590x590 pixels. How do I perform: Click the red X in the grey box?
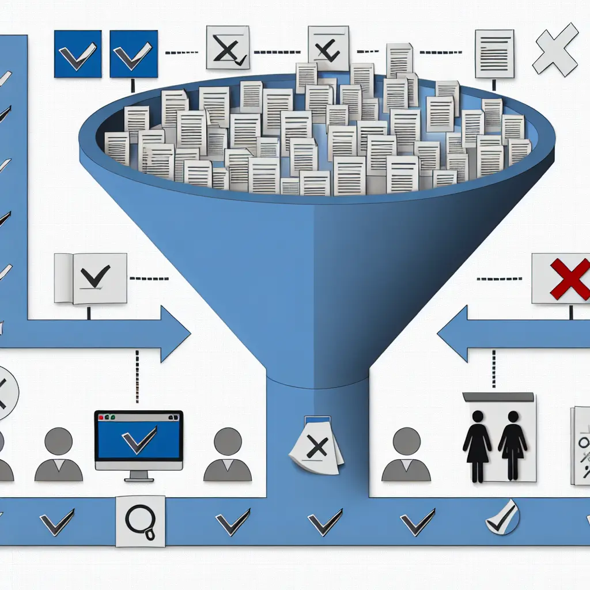569,279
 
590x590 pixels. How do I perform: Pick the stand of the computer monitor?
138,475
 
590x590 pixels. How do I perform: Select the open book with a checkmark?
90,278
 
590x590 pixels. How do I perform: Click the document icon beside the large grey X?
494,54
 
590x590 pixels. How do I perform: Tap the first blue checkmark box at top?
77,54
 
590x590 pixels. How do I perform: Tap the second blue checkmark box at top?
134,54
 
